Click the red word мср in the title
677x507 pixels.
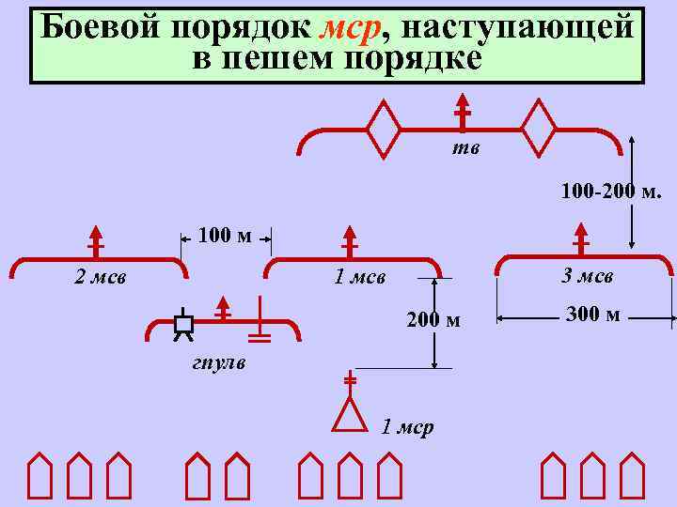[x=350, y=28]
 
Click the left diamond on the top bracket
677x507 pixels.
[x=384, y=128]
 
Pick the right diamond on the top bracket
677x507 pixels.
[x=540, y=128]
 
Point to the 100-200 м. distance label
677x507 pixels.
[x=611, y=194]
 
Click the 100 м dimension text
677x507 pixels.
[x=225, y=235]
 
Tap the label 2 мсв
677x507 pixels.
[x=102, y=277]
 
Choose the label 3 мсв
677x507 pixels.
[x=587, y=276]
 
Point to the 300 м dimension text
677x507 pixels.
[x=593, y=315]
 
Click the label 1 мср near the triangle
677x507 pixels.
[x=407, y=428]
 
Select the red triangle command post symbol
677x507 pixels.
[x=350, y=415]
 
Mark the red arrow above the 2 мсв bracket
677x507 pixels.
[x=95, y=239]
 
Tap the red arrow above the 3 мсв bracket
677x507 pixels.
[x=581, y=238]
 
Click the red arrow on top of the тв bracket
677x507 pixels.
[x=462, y=110]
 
